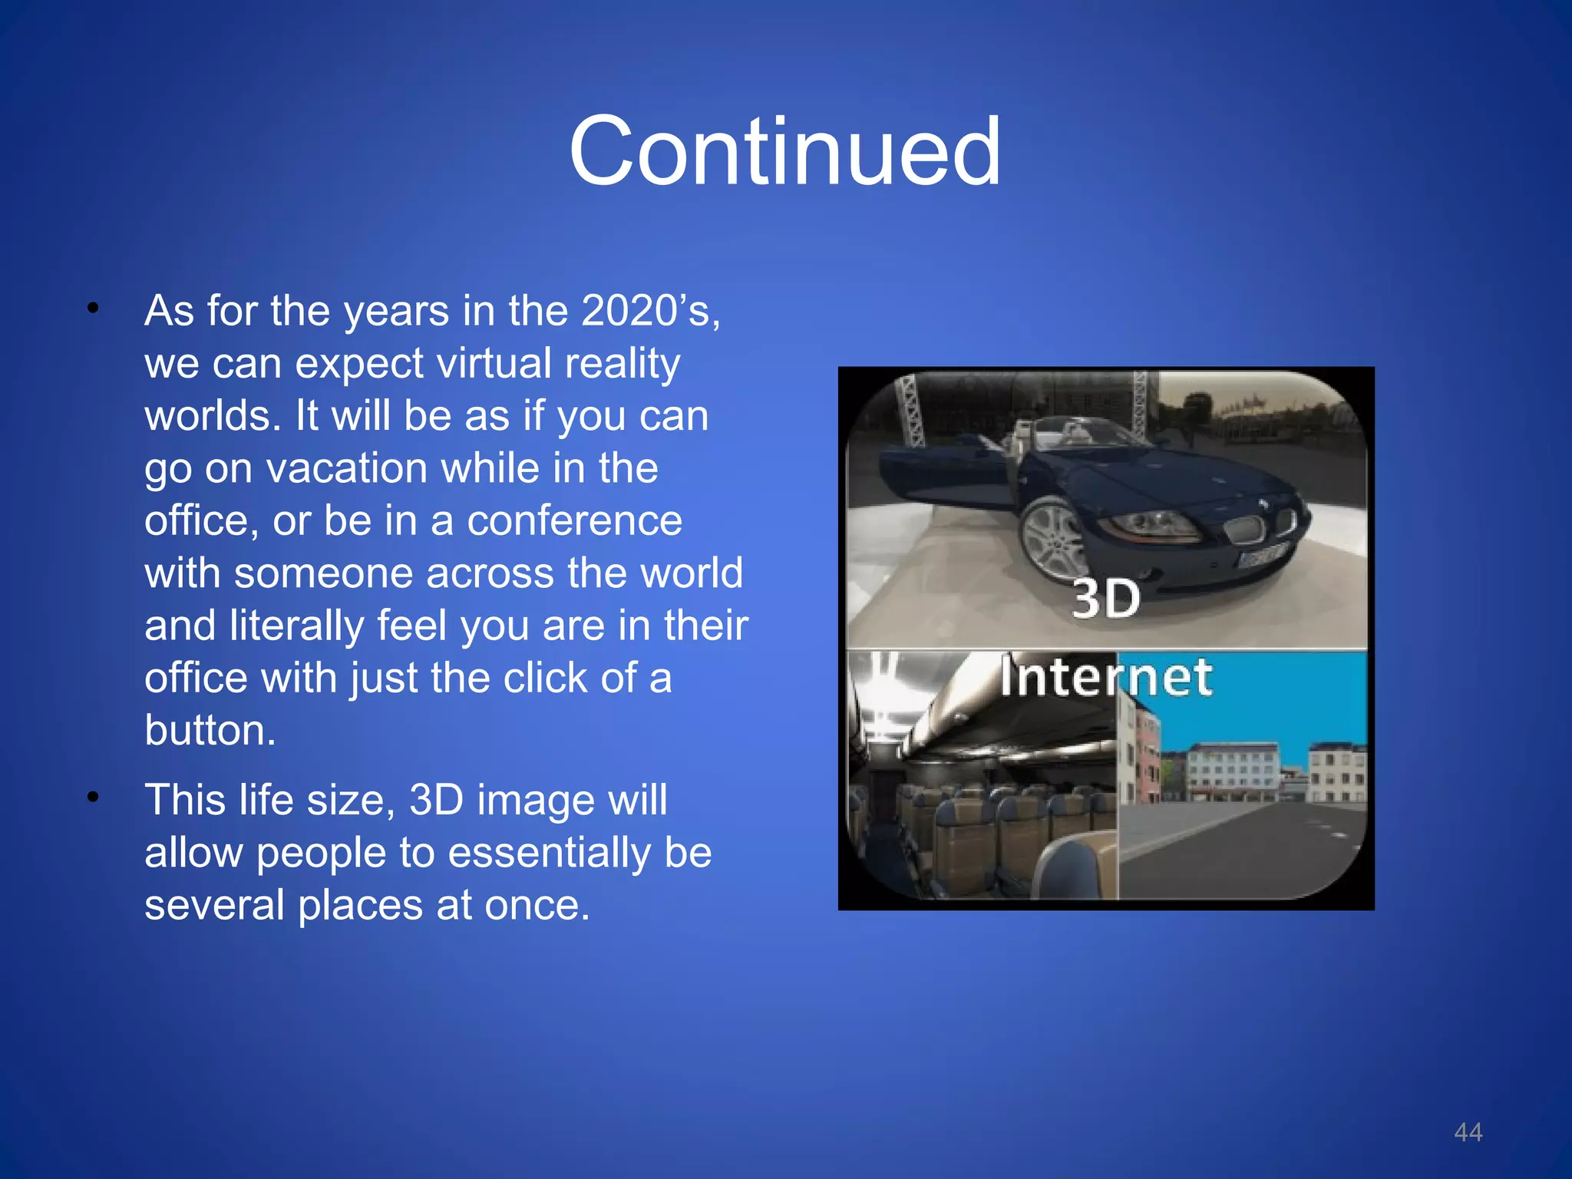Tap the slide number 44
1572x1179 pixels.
pyautogui.click(x=1468, y=1132)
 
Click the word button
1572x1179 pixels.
pyautogui.click(x=209, y=730)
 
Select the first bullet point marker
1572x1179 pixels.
pyautogui.click(x=93, y=309)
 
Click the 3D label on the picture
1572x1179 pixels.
pyautogui.click(x=1105, y=599)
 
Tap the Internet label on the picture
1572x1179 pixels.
pyautogui.click(x=1105, y=678)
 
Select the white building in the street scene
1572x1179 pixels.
pyautogui.click(x=1232, y=771)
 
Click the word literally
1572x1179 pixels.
pyautogui.click(x=295, y=626)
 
